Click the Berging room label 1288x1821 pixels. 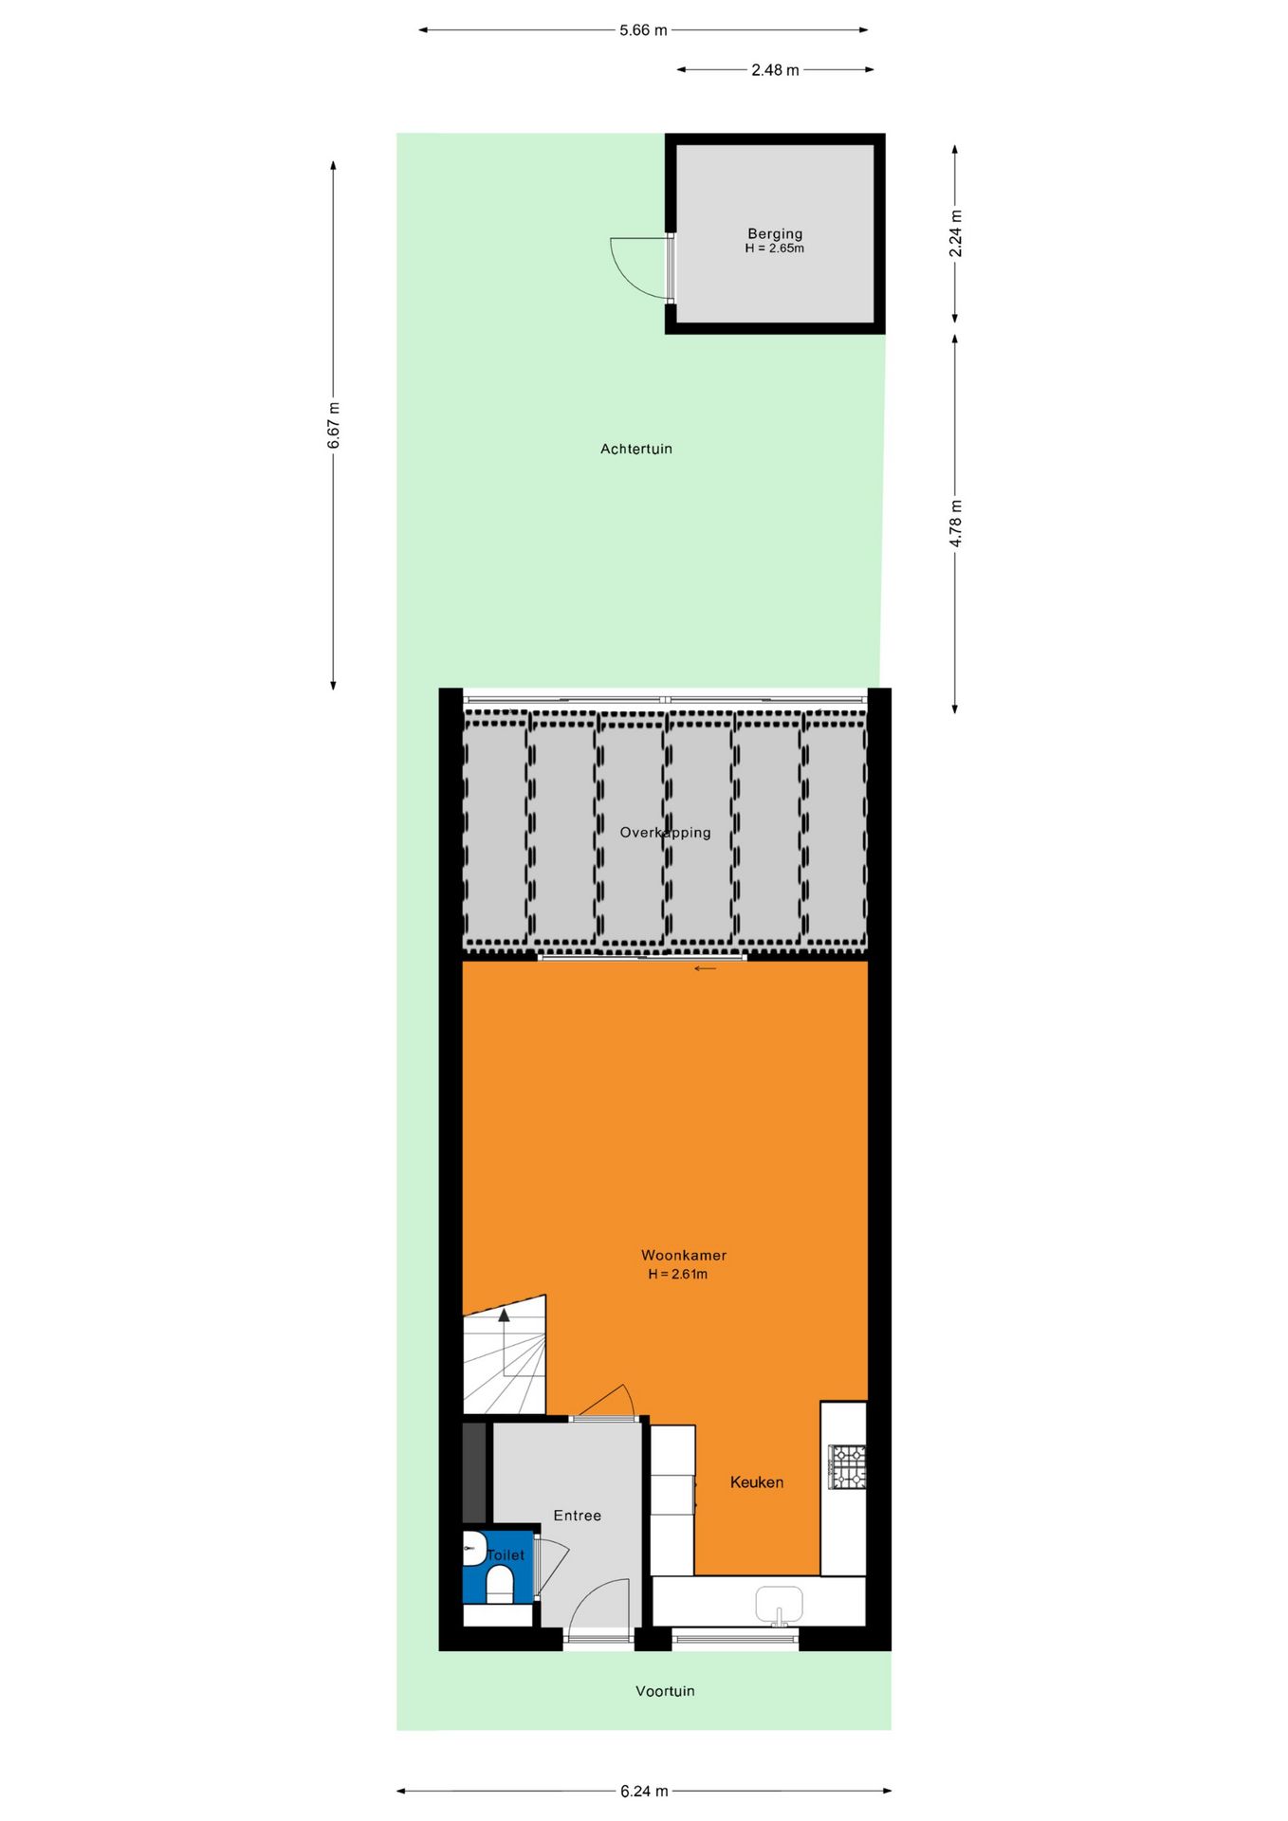pos(775,233)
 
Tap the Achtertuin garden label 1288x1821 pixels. pos(635,449)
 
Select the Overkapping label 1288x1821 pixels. pos(665,833)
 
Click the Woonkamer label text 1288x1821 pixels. pos(683,1255)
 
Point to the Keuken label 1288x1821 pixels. pos(756,1481)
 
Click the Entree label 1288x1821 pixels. pos(577,1515)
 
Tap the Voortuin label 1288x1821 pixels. pos(665,1690)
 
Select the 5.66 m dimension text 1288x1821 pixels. pos(643,30)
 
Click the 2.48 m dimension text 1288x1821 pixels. pos(775,69)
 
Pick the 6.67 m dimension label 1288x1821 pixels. pos(334,426)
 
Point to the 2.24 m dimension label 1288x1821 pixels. pos(956,233)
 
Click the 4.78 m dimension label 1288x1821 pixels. pos(956,524)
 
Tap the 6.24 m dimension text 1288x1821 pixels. pos(644,1791)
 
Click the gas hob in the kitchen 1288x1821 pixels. pos(846,1465)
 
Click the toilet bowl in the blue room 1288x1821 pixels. pos(499,1583)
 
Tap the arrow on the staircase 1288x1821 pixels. pos(504,1315)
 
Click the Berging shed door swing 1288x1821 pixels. pos(634,266)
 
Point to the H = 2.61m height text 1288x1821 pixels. pos(677,1274)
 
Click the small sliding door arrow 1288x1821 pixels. pos(705,968)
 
